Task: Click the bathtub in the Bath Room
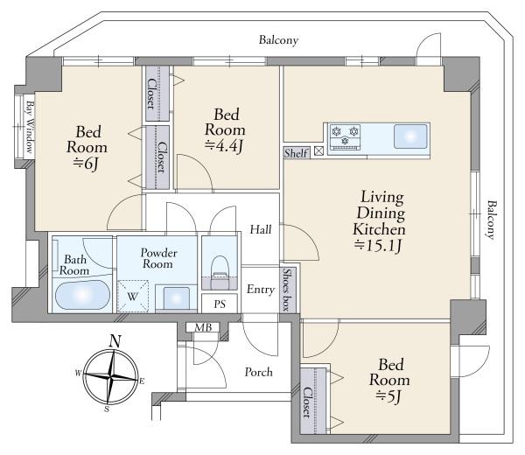pyautogui.click(x=82, y=295)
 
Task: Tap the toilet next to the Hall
pyautogui.click(x=220, y=272)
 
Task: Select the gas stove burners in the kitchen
pyautogui.click(x=345, y=136)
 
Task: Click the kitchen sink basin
pyautogui.click(x=410, y=136)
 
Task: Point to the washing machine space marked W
pyautogui.click(x=133, y=297)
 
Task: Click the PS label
pyautogui.click(x=220, y=304)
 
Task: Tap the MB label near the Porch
pyautogui.click(x=204, y=327)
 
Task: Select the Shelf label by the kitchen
pyautogui.click(x=296, y=153)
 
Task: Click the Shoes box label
pyautogui.click(x=288, y=290)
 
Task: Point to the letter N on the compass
pyautogui.click(x=115, y=341)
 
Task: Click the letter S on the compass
pyautogui.click(x=107, y=409)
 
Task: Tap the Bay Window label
pyautogui.click(x=30, y=127)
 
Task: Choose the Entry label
pyautogui.click(x=261, y=290)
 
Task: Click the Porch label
pyautogui.click(x=258, y=372)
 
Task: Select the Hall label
pyautogui.click(x=261, y=229)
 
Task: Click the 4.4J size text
pyautogui.click(x=224, y=146)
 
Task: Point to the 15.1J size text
pyautogui.click(x=378, y=246)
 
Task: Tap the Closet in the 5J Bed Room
pyautogui.click(x=313, y=401)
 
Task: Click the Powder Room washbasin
pyautogui.click(x=176, y=298)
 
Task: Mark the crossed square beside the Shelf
pyautogui.click(x=319, y=151)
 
